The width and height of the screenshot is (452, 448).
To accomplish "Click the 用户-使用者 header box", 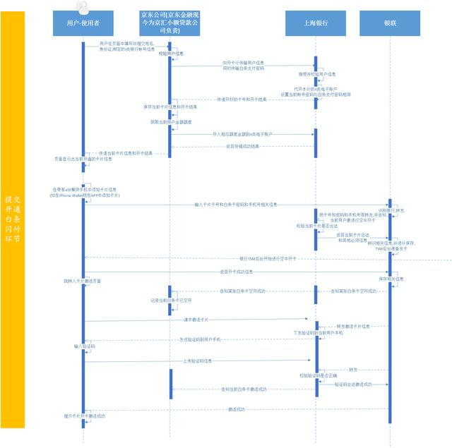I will [x=82, y=23].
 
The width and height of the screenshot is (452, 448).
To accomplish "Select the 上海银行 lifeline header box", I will [x=316, y=23].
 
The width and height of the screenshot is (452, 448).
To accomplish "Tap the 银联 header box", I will [x=390, y=23].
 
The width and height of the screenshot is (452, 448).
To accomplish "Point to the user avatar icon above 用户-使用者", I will [x=83, y=6].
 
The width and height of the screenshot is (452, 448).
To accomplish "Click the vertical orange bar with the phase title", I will [x=13, y=219].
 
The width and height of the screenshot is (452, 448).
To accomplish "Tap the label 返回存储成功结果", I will [x=242, y=146].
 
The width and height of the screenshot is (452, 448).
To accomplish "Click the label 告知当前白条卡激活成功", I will [x=242, y=389].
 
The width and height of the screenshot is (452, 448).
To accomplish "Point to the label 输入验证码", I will [x=84, y=346].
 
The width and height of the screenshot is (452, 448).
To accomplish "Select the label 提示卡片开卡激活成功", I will [x=84, y=416].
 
